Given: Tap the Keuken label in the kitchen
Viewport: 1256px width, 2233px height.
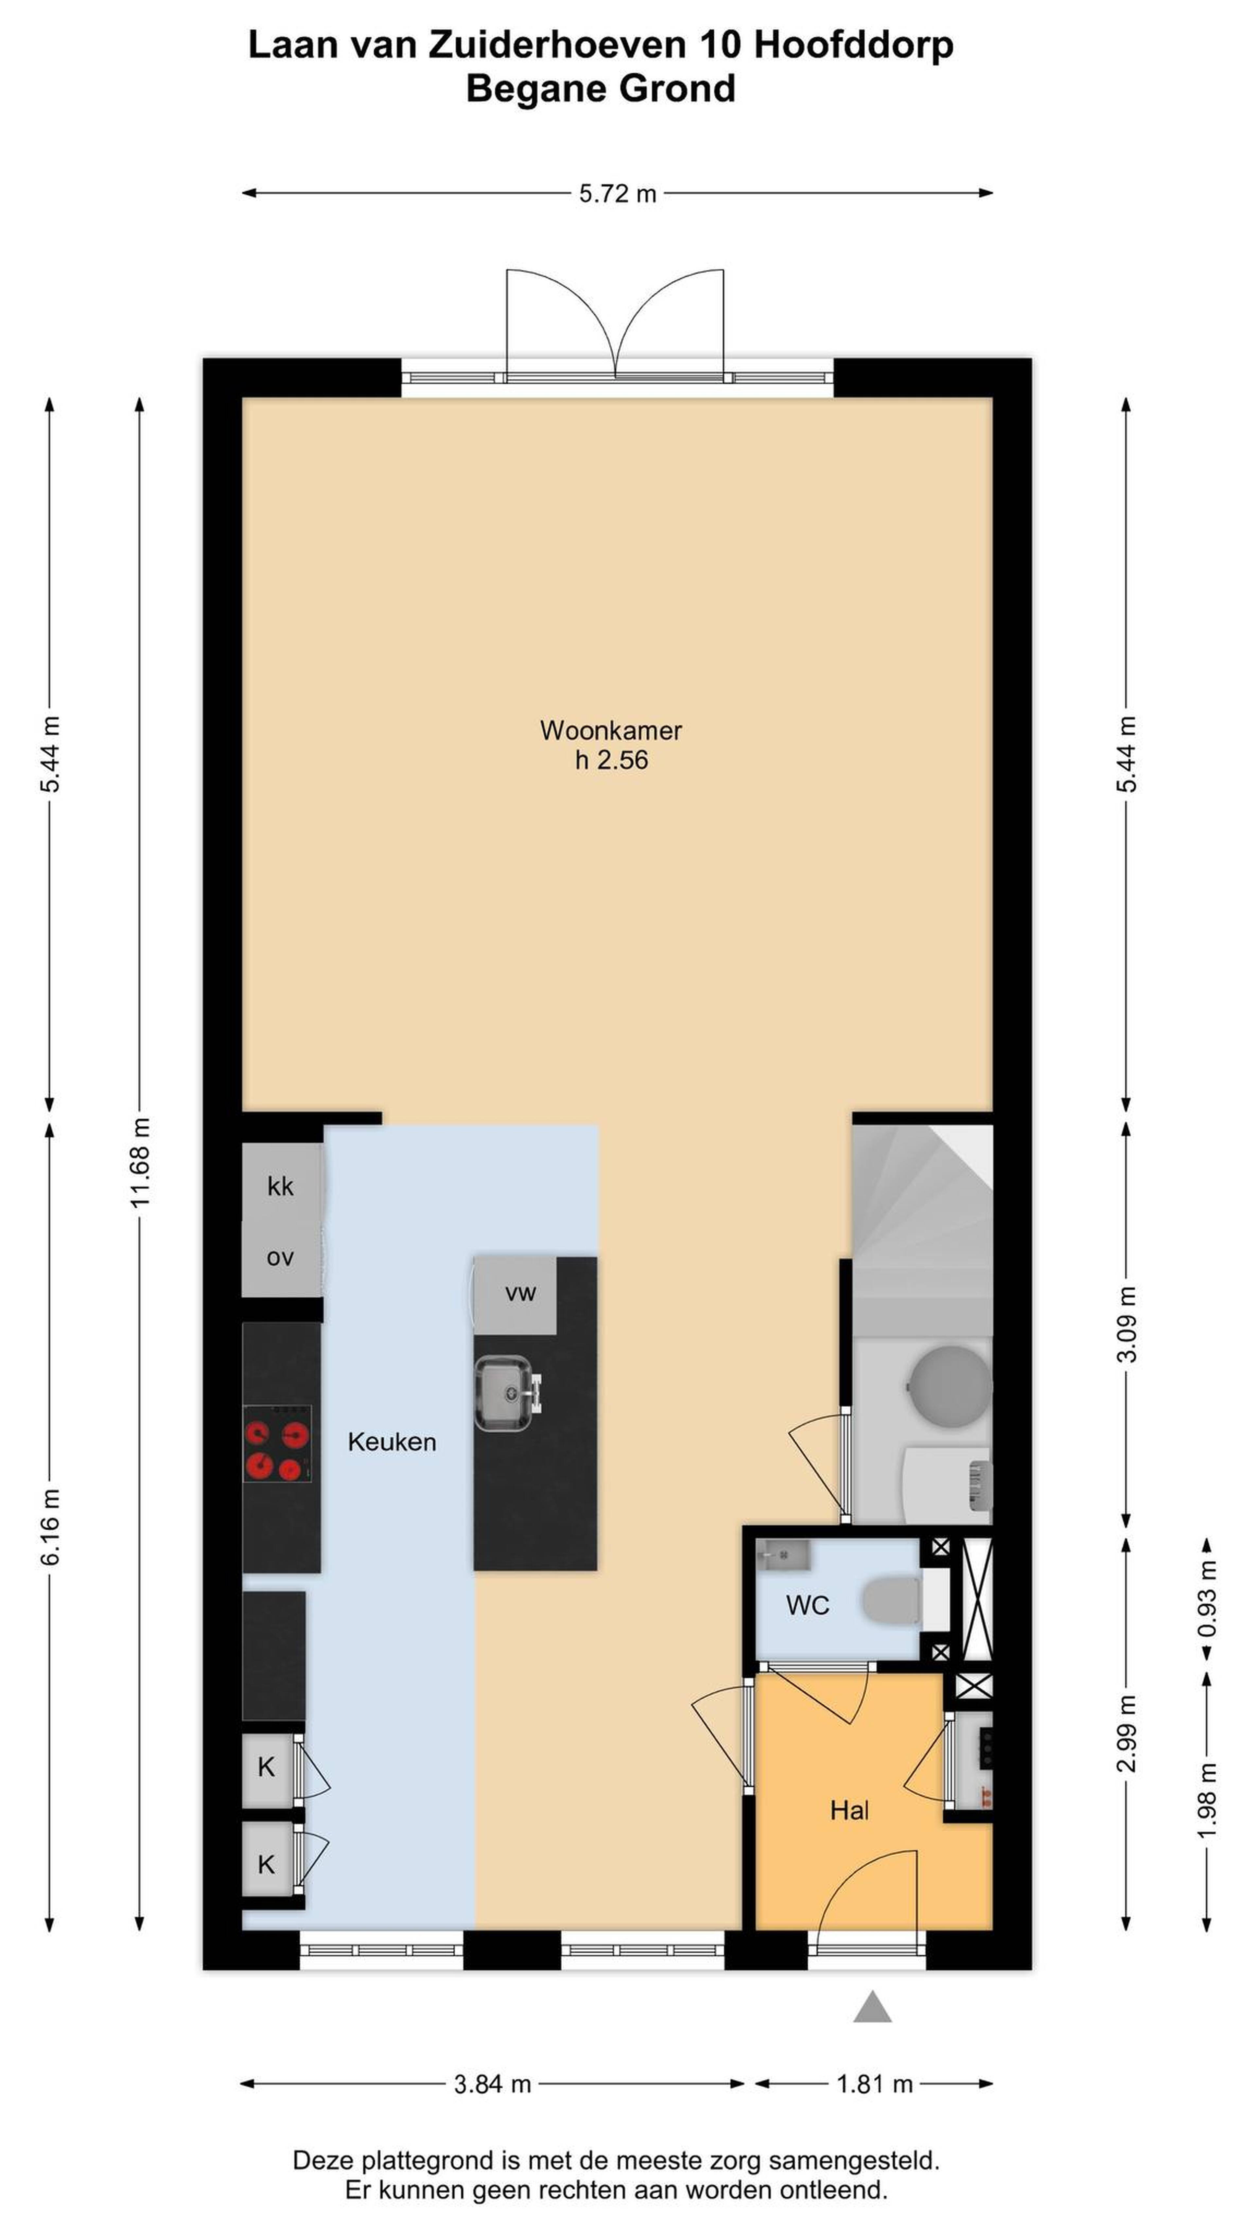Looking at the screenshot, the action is pyautogui.click(x=392, y=1442).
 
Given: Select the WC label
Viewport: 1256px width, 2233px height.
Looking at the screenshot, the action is pyautogui.click(x=808, y=1606).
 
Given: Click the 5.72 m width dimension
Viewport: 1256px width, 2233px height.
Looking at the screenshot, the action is pyautogui.click(x=617, y=193).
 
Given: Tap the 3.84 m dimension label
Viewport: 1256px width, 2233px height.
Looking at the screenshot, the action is pyautogui.click(x=492, y=2084).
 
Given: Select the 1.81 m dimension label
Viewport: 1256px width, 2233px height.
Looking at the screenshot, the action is pyautogui.click(x=875, y=2084).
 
